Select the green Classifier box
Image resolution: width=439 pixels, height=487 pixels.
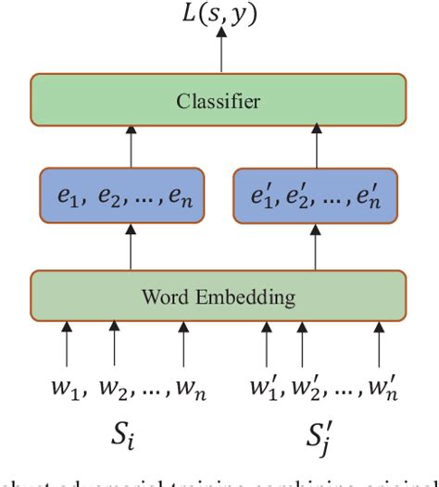(x=219, y=101)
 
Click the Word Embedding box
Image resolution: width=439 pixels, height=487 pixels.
(x=219, y=297)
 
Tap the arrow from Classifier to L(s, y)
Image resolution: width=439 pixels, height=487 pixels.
(x=220, y=54)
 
